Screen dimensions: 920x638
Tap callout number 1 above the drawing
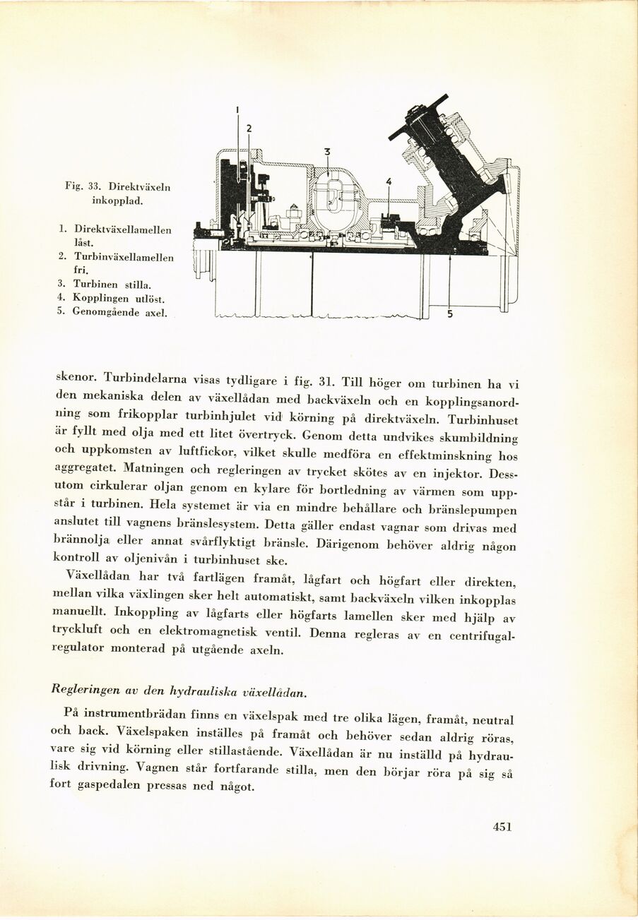pyautogui.click(x=237, y=109)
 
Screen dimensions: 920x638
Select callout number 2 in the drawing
pyautogui.click(x=249, y=128)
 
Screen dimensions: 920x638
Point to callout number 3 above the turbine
pyautogui.click(x=327, y=151)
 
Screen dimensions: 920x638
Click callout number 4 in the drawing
pyautogui.click(x=388, y=181)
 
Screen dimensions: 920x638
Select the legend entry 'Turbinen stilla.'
pyautogui.click(x=112, y=285)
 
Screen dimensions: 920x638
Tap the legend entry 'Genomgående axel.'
pyautogui.click(x=119, y=311)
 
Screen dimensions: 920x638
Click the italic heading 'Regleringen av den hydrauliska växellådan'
pyautogui.click(x=179, y=689)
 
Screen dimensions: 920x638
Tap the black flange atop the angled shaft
pyautogui.click(x=418, y=117)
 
